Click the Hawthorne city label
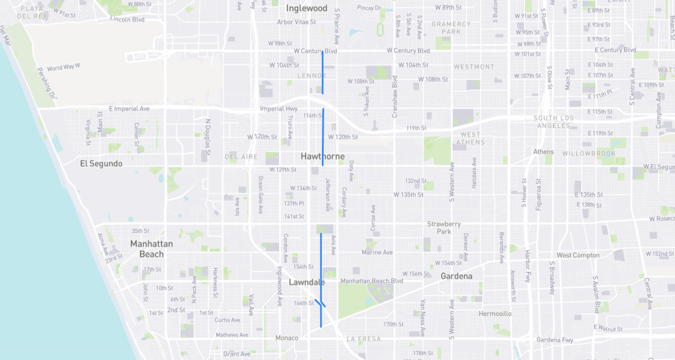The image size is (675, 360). pyautogui.click(x=323, y=156)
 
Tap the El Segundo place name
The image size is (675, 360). pyautogui.click(x=101, y=163)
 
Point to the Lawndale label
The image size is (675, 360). pyautogui.click(x=307, y=282)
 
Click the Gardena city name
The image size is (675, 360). pyautogui.click(x=456, y=276)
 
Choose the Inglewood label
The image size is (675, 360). pyautogui.click(x=307, y=8)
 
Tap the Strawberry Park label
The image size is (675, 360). pyautogui.click(x=444, y=228)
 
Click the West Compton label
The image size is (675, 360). pyautogui.click(x=578, y=255)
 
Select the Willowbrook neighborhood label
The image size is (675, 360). pyautogui.click(x=589, y=153)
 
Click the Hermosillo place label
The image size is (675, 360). pyautogui.click(x=495, y=313)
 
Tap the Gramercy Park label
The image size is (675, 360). pyautogui.click(x=451, y=28)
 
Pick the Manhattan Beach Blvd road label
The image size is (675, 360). pyautogui.click(x=372, y=281)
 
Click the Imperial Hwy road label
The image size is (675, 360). pyautogui.click(x=278, y=109)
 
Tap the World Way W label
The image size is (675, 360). pyautogui.click(x=63, y=67)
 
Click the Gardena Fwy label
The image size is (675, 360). pyautogui.click(x=555, y=340)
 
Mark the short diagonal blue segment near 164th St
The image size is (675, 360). pyautogui.click(x=320, y=303)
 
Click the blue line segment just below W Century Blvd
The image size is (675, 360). pyautogui.click(x=323, y=72)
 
